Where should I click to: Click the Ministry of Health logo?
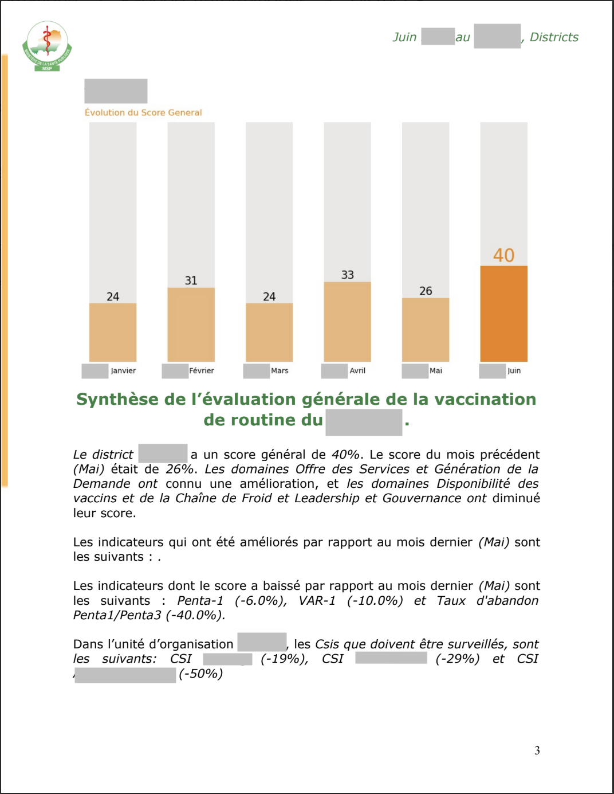click(x=47, y=46)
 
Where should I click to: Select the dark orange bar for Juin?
click(x=503, y=313)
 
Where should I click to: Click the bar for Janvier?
click(x=113, y=332)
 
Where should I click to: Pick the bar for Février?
click(x=191, y=324)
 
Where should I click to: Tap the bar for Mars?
click(x=269, y=332)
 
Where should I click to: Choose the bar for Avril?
click(x=347, y=321)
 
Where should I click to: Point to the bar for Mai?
click(x=426, y=329)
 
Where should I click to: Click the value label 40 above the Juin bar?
click(x=503, y=255)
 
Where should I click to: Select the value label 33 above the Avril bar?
click(x=347, y=275)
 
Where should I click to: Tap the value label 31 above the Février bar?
click(x=191, y=280)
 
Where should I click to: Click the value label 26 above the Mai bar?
click(x=426, y=291)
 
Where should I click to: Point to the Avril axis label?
click(x=357, y=371)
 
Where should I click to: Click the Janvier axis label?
click(x=123, y=371)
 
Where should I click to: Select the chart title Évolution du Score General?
click(x=143, y=112)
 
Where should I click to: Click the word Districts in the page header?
click(x=554, y=37)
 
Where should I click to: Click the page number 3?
click(x=537, y=750)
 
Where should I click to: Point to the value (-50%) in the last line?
click(x=200, y=674)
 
